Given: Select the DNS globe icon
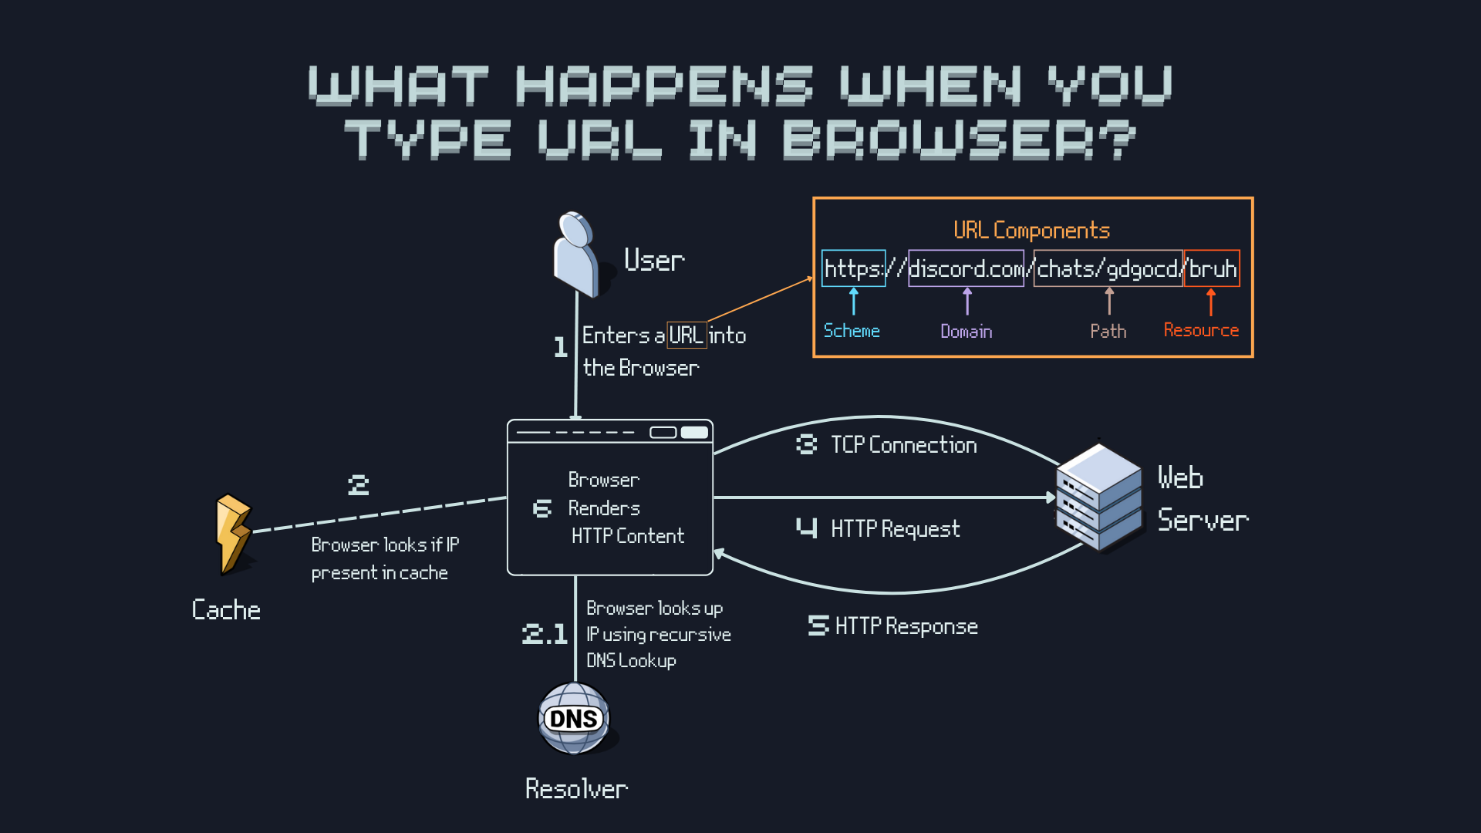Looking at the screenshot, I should (574, 718).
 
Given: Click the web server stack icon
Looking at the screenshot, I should (1099, 497).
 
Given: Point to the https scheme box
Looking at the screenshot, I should (853, 268).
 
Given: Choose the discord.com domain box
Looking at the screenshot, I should (966, 268).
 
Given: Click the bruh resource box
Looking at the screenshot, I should (1212, 268).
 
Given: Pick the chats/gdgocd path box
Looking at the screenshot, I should (1108, 268).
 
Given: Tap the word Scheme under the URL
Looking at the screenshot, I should (852, 331).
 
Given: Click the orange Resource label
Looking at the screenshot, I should (1201, 330).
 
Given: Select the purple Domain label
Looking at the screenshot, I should (966, 332).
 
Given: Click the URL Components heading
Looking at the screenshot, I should (1031, 230).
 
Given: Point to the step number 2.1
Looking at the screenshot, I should (545, 634).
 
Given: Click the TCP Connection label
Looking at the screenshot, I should (903, 445).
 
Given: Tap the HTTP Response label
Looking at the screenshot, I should (906, 626).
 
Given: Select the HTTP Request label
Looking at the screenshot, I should (895, 529).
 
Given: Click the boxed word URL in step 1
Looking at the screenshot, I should (686, 336).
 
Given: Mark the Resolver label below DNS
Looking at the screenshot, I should (576, 789).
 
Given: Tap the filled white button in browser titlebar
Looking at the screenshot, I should (694, 433).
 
